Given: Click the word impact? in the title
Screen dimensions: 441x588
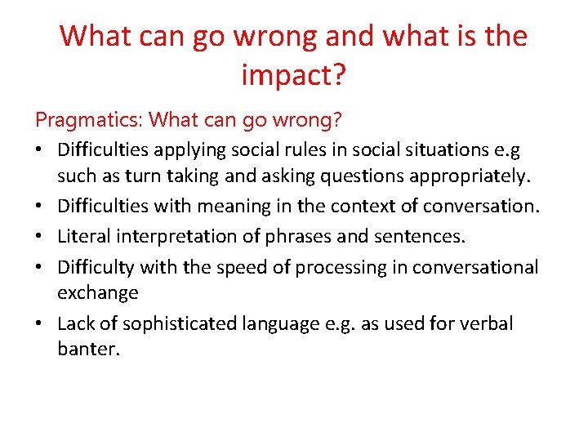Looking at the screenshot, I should [294, 76].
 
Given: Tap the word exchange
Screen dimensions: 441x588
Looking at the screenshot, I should [97, 292].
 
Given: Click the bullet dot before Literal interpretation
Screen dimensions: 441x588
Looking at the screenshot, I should [40, 238].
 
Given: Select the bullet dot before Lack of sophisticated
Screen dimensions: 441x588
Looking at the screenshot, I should [40, 324].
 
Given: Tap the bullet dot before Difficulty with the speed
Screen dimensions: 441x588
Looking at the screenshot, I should [40, 268].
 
